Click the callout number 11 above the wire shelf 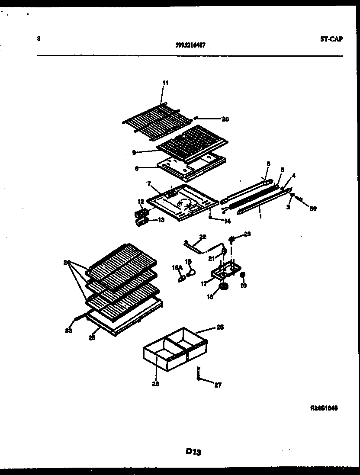[166, 83]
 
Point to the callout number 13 [161, 220]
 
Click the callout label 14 [227, 221]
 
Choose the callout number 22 [203, 236]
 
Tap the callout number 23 [247, 234]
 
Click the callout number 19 [244, 286]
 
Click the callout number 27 [218, 385]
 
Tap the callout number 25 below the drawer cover [92, 337]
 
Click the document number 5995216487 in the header [190, 44]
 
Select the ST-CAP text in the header [331, 39]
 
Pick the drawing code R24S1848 [324, 408]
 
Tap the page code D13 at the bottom [193, 452]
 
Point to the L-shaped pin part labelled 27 [199, 373]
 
